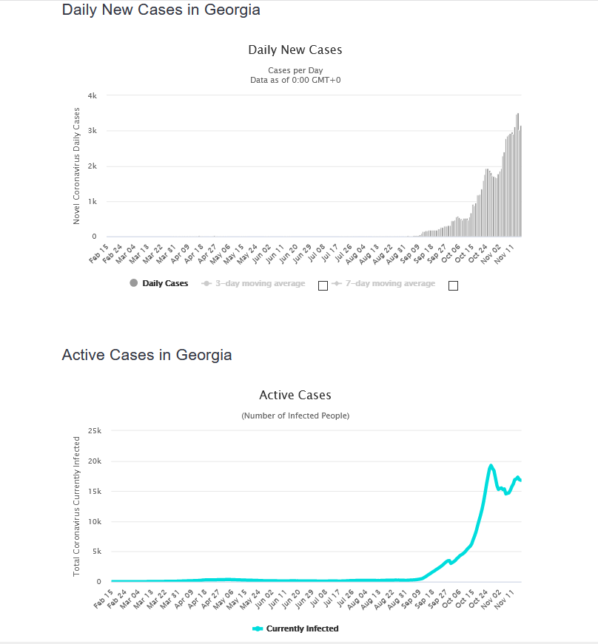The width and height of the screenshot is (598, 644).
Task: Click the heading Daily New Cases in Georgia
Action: coord(161,10)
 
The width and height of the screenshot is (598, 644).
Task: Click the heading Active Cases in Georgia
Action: coord(147,355)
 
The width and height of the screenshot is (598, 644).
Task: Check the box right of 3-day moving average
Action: coord(323,285)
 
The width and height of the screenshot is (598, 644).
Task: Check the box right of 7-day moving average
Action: coord(453,285)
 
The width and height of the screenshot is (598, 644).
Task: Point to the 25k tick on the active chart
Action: coord(94,430)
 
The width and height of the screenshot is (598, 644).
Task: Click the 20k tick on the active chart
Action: coord(94,461)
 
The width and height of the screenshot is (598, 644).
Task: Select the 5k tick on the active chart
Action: coord(95,552)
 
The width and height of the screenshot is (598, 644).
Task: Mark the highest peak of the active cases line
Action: coord(491,466)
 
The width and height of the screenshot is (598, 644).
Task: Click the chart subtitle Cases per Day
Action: coord(295,71)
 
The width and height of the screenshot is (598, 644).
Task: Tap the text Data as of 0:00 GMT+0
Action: coord(295,80)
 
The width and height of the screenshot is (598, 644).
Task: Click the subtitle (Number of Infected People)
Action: coord(295,416)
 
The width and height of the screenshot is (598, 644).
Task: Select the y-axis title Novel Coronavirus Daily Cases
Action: coord(76,166)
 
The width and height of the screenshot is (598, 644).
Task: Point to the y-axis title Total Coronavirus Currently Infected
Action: coord(76,506)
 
